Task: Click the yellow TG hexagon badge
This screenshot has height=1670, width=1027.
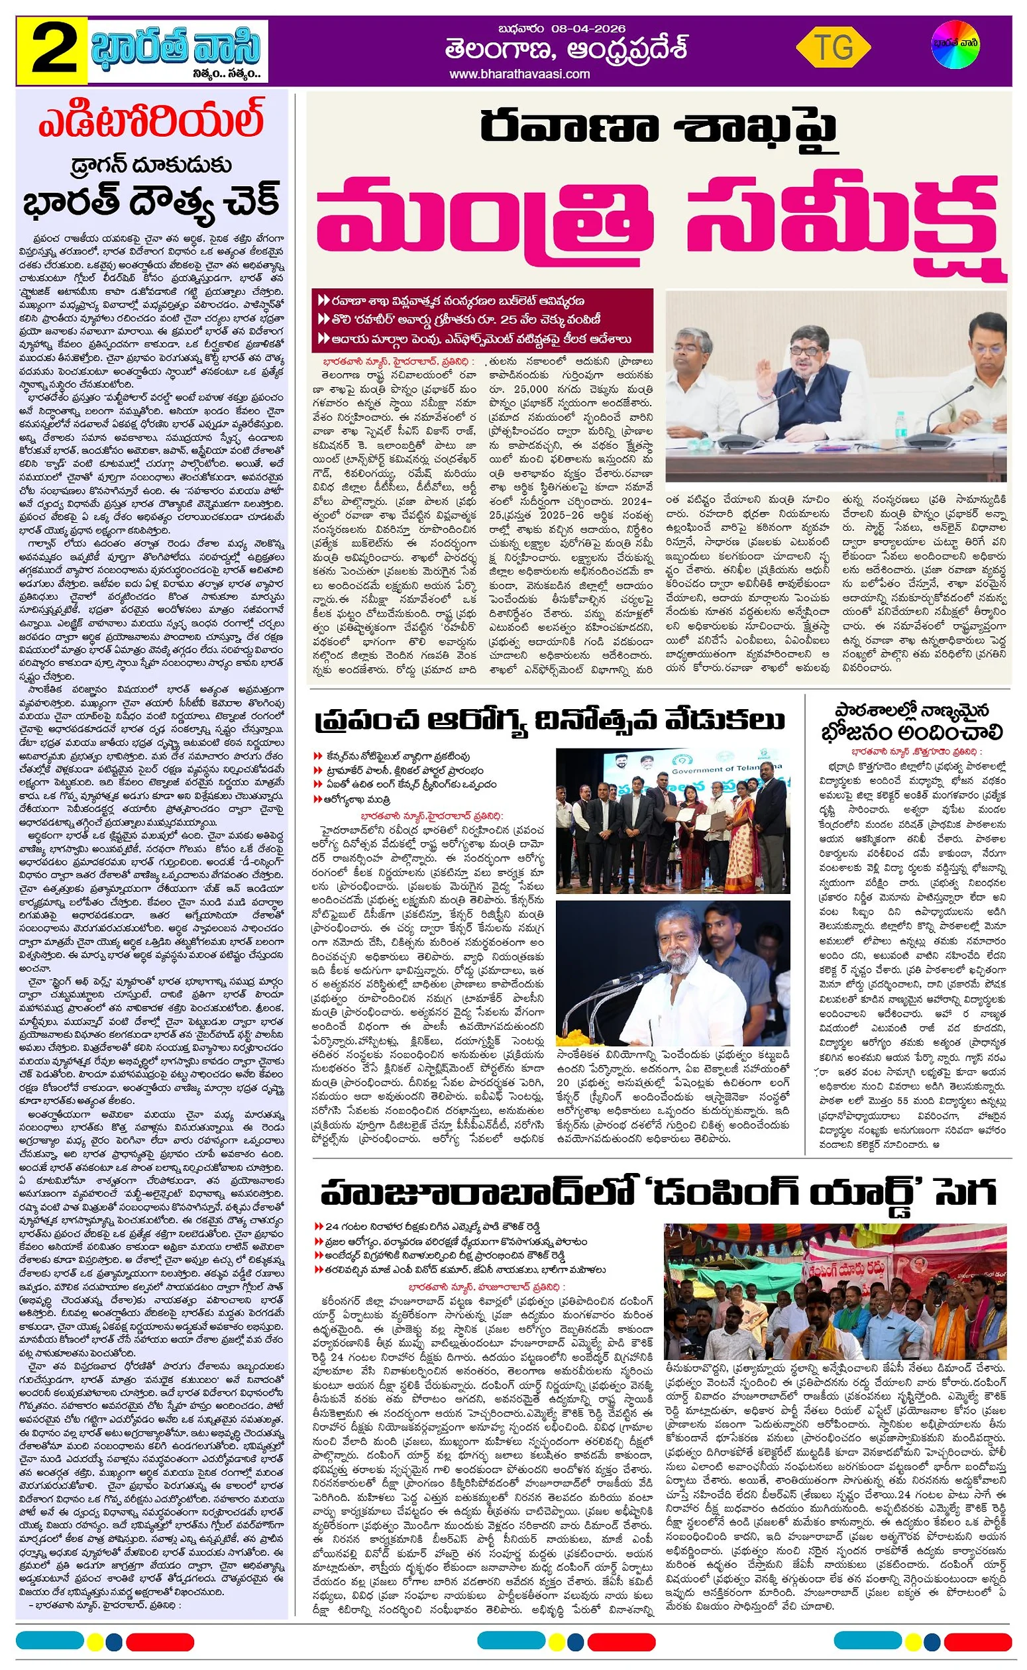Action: click(x=833, y=48)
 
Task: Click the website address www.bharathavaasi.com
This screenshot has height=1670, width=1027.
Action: click(x=519, y=74)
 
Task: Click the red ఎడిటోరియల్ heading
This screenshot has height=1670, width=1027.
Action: click(x=150, y=121)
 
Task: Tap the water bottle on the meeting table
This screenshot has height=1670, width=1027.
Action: click(x=900, y=427)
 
